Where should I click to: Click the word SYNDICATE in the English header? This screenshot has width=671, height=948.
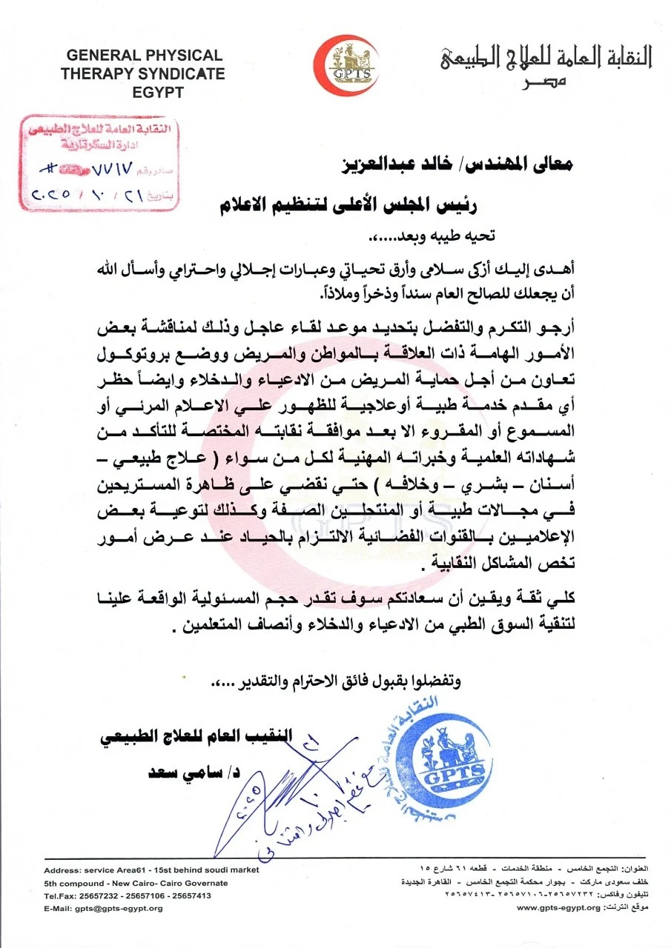181,74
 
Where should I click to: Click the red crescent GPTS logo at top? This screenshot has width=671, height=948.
344,66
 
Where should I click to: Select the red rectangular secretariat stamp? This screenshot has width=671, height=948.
98,164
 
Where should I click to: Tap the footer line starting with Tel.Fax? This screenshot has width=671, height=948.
128,895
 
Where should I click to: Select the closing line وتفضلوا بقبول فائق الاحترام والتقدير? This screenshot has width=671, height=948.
334,681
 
